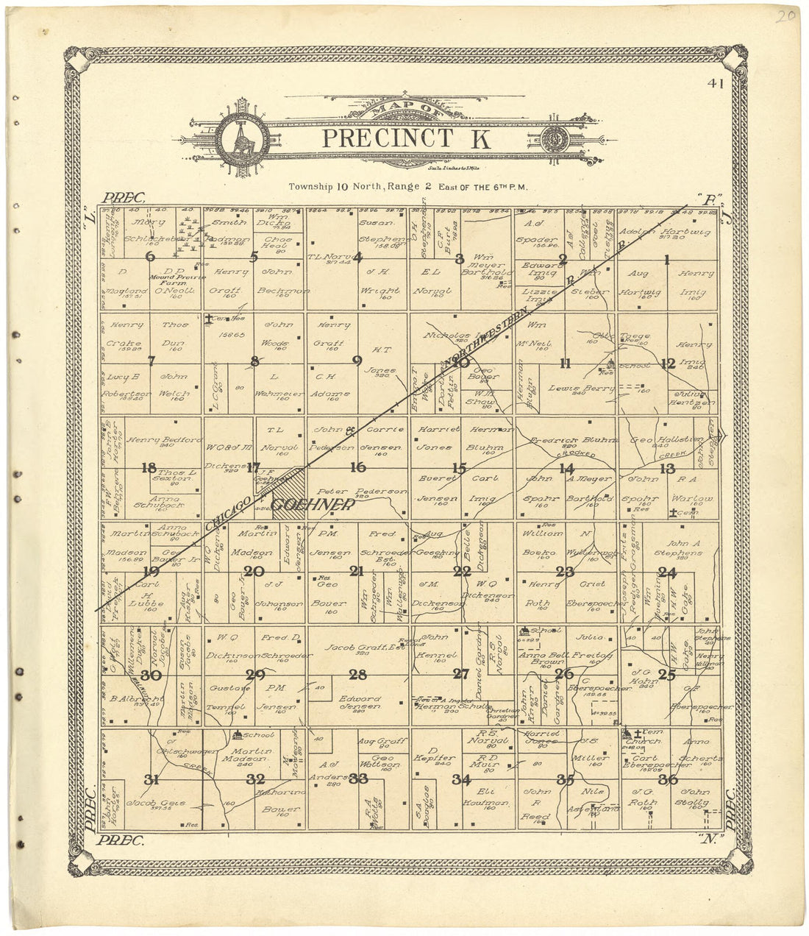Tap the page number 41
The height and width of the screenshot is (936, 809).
(x=714, y=84)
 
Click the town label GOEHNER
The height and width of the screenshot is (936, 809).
(x=312, y=505)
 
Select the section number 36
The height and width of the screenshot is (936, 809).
(x=668, y=779)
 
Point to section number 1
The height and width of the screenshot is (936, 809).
(x=667, y=258)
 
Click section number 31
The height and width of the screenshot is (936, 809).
(x=151, y=779)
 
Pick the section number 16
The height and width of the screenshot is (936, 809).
(x=358, y=467)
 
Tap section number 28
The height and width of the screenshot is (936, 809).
(x=358, y=674)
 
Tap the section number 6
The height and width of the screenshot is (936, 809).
(x=151, y=256)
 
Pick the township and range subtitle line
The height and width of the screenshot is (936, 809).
(x=408, y=187)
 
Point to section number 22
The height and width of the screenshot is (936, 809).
(x=462, y=571)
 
